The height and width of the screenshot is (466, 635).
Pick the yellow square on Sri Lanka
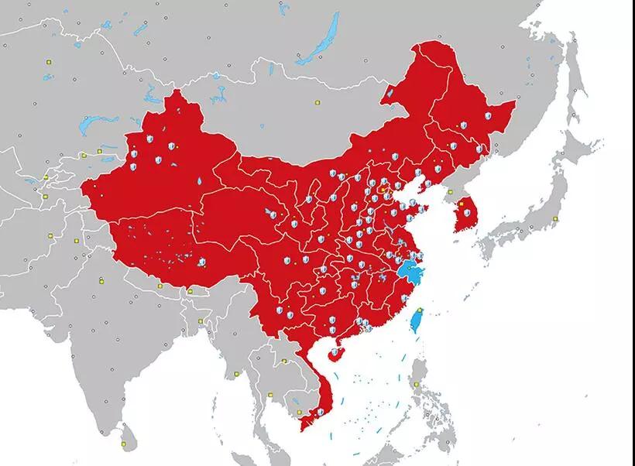[123, 444]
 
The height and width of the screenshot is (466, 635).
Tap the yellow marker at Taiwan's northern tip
[420, 310]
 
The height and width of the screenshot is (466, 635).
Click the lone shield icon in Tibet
[202, 262]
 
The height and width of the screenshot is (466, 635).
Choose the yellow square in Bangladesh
[201, 320]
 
